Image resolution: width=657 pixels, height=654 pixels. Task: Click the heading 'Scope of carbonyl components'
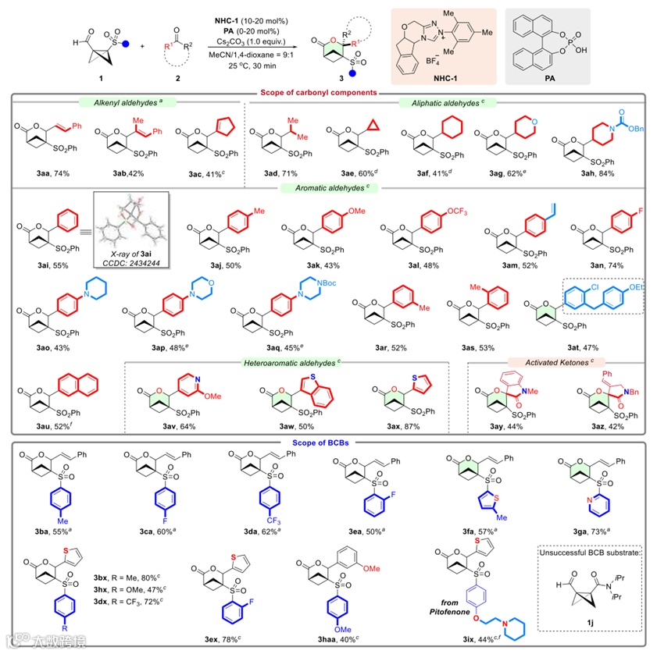(x=330, y=93)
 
